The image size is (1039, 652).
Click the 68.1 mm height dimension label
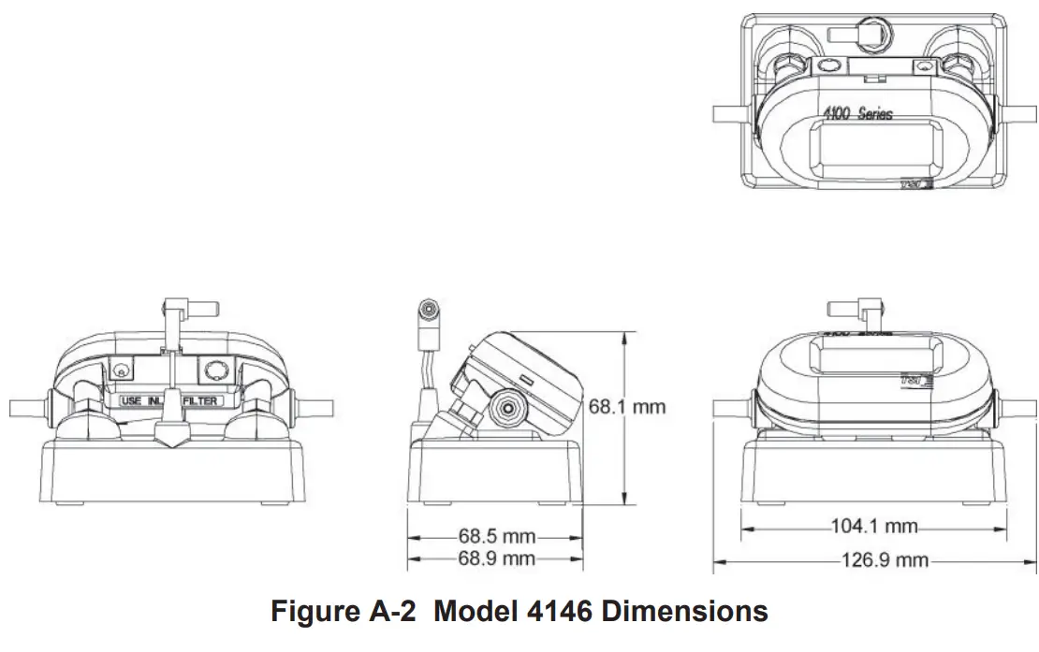[626, 406]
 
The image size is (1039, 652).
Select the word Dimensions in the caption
[684, 612]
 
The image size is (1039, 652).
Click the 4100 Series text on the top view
[857, 114]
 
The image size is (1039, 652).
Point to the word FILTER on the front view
[203, 400]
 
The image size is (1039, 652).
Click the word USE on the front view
[132, 400]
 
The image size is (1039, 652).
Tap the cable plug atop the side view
[431, 315]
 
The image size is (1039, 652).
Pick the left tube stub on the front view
[25, 409]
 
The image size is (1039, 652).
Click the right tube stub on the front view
[315, 409]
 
